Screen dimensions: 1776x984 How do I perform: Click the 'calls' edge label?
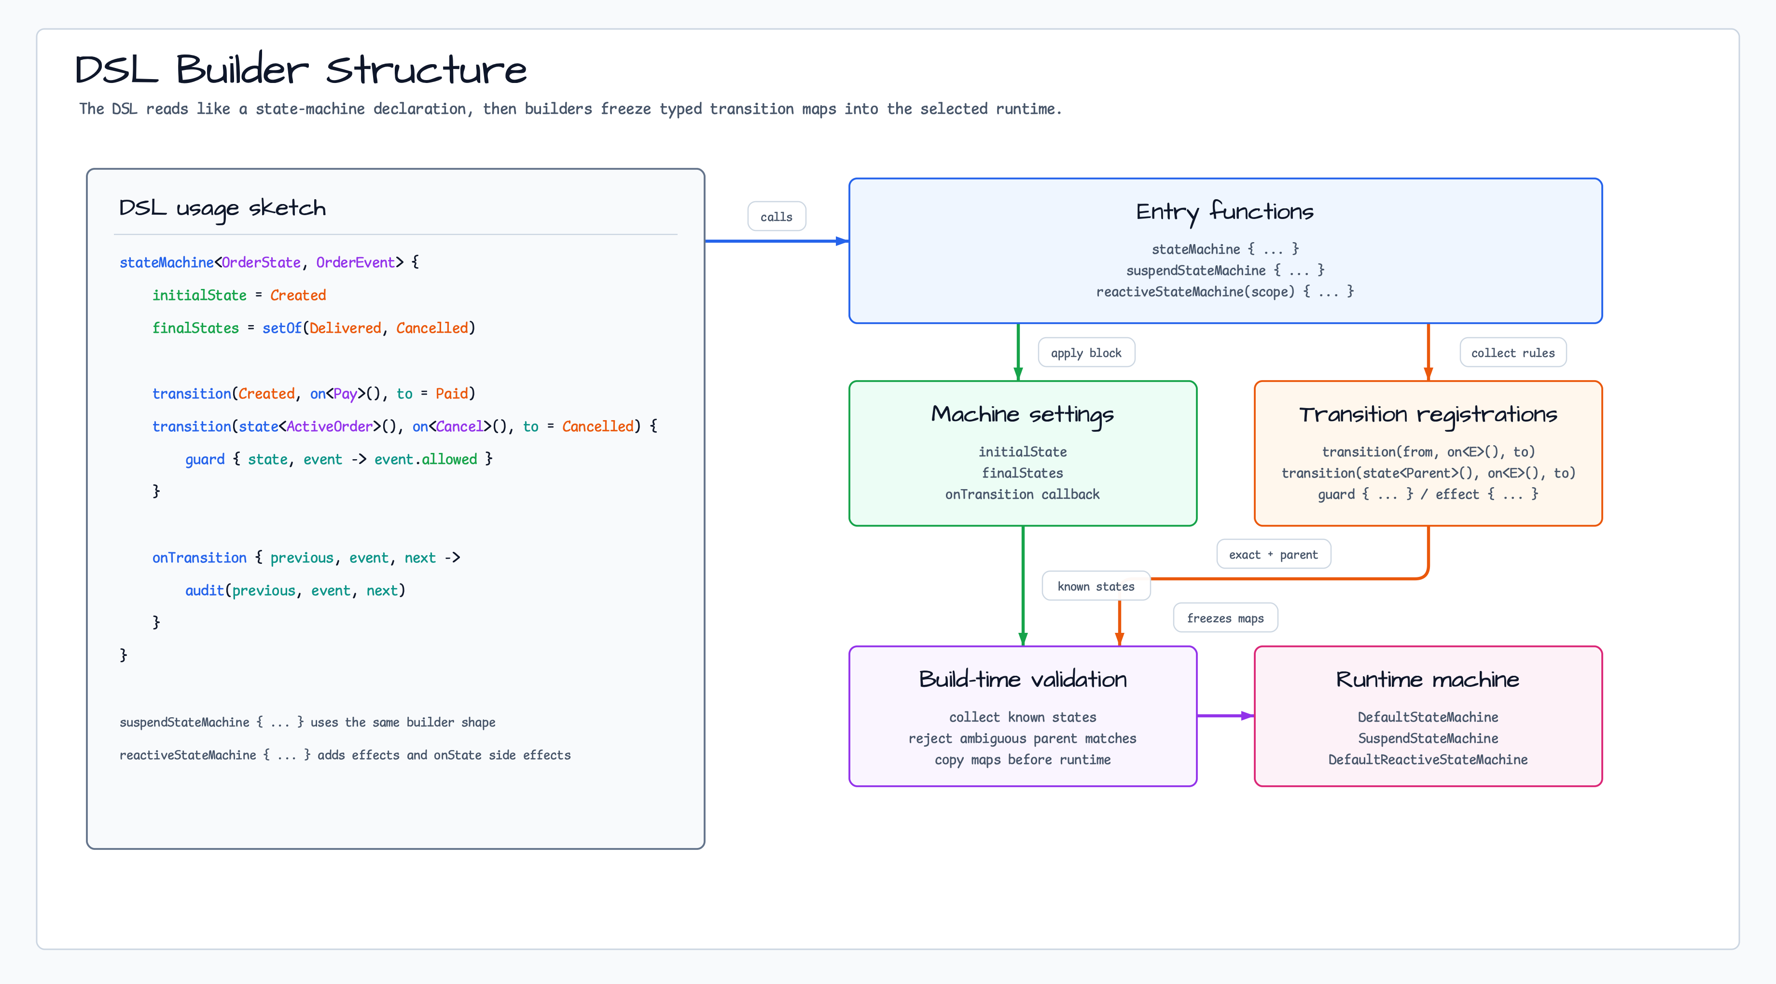click(777, 217)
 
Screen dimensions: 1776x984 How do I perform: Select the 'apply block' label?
click(1086, 353)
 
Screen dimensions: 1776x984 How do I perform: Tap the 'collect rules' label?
click(1512, 353)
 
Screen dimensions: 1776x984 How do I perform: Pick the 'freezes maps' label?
click(1225, 618)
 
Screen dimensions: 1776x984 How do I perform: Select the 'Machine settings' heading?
click(1023, 415)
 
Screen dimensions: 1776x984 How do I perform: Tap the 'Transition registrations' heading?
click(1428, 415)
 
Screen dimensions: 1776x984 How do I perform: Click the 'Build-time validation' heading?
click(1023, 680)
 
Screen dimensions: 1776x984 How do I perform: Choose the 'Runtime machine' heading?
click(1428, 680)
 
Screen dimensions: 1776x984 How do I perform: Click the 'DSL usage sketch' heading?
click(222, 208)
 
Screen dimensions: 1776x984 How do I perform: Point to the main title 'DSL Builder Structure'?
click(301, 69)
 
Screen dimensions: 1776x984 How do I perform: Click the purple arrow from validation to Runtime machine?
click(1226, 716)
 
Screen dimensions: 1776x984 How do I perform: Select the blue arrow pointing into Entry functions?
click(777, 241)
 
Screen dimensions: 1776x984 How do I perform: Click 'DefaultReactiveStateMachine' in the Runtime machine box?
click(1428, 759)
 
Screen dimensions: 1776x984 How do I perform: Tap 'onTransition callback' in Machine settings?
click(1023, 494)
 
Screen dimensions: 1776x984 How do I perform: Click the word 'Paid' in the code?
click(452, 394)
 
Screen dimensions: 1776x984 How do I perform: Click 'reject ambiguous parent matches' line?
click(1023, 738)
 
